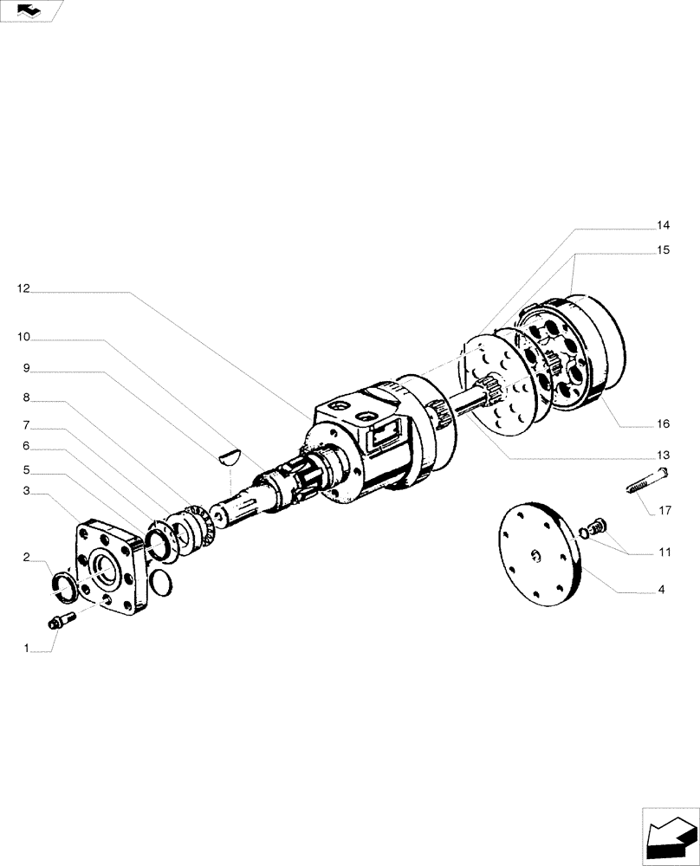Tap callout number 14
coord(663,225)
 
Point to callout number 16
coord(663,424)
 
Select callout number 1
coord(27,648)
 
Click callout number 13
coord(663,456)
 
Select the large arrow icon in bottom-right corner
coord(668,835)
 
